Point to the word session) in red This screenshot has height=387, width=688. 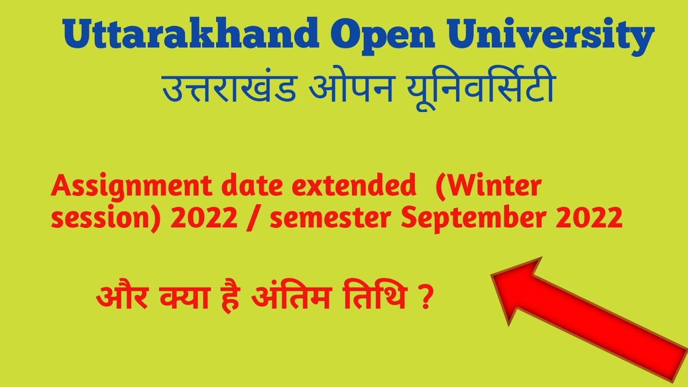pyautogui.click(x=105, y=219)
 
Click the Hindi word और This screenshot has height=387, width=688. pyautogui.click(x=122, y=296)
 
